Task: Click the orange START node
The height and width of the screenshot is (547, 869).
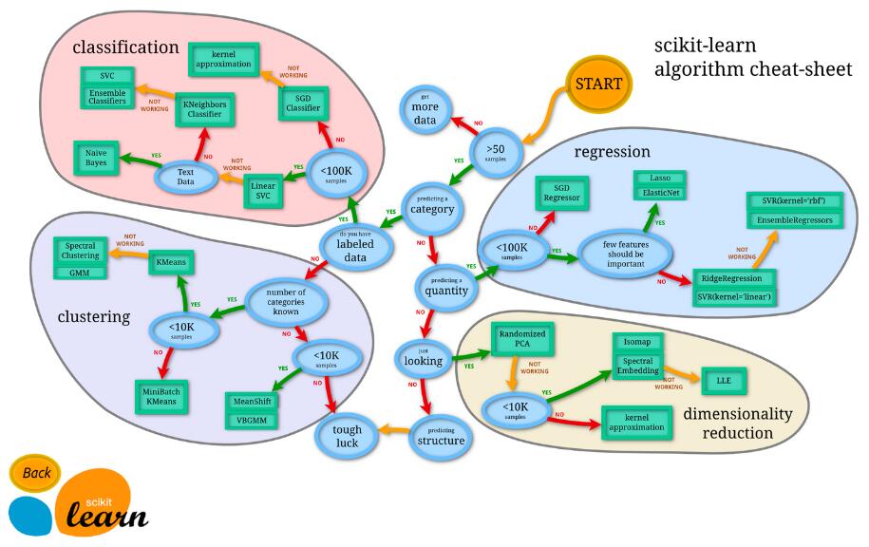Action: [598, 85]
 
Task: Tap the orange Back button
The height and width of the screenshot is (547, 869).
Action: [37, 473]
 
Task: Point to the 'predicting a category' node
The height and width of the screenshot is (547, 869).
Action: [432, 205]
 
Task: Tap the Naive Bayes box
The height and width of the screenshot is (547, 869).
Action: [96, 158]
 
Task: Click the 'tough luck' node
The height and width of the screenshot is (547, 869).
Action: [339, 435]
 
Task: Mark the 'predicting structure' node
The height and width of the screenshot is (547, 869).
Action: [441, 436]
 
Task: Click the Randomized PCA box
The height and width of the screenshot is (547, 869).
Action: [520, 340]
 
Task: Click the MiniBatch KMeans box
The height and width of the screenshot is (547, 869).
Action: [162, 394]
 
